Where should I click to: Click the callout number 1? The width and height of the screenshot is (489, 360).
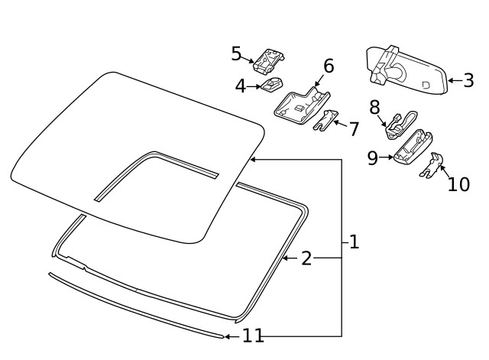353,242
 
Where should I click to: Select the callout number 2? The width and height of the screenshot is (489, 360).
306,258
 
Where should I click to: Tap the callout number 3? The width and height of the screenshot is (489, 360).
468,79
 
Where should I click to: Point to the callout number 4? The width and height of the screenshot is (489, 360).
241,86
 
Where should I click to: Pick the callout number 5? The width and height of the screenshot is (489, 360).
237,54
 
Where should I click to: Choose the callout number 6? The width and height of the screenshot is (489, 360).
329,66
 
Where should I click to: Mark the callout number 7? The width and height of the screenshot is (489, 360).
353,128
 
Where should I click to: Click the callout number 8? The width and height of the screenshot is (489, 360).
374,106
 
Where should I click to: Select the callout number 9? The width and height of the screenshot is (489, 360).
373,157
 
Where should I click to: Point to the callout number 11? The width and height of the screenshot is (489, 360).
253,336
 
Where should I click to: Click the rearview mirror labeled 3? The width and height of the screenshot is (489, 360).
405,69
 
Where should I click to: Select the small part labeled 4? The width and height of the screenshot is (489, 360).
271,83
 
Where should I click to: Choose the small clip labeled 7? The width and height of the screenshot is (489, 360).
325,119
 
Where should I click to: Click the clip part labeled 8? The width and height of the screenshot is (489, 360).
399,125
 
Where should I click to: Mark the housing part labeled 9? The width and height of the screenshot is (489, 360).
413,148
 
